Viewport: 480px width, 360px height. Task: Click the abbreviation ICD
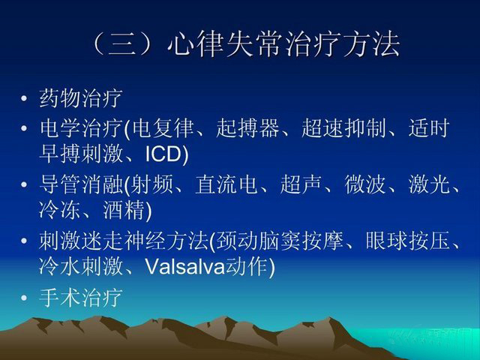[x=163, y=154]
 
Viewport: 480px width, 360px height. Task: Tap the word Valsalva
[x=185, y=267]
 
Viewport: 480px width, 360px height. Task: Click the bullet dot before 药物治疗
[x=24, y=99]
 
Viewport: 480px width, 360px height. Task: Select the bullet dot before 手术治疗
[x=24, y=298]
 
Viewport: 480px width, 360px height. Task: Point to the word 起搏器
[x=247, y=128]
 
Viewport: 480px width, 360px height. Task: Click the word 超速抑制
[x=343, y=128]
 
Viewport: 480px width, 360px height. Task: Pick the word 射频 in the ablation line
[x=151, y=184]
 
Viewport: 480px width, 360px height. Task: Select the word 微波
[x=365, y=184]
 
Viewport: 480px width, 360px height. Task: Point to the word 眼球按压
[x=407, y=241]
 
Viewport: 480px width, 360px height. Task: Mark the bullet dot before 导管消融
[x=24, y=184]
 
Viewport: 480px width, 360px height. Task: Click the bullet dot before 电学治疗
[x=24, y=128]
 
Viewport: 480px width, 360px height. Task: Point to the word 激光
[x=429, y=184]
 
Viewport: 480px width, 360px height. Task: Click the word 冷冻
[x=60, y=210]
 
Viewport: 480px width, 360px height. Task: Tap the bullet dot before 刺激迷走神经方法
[x=24, y=241]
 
